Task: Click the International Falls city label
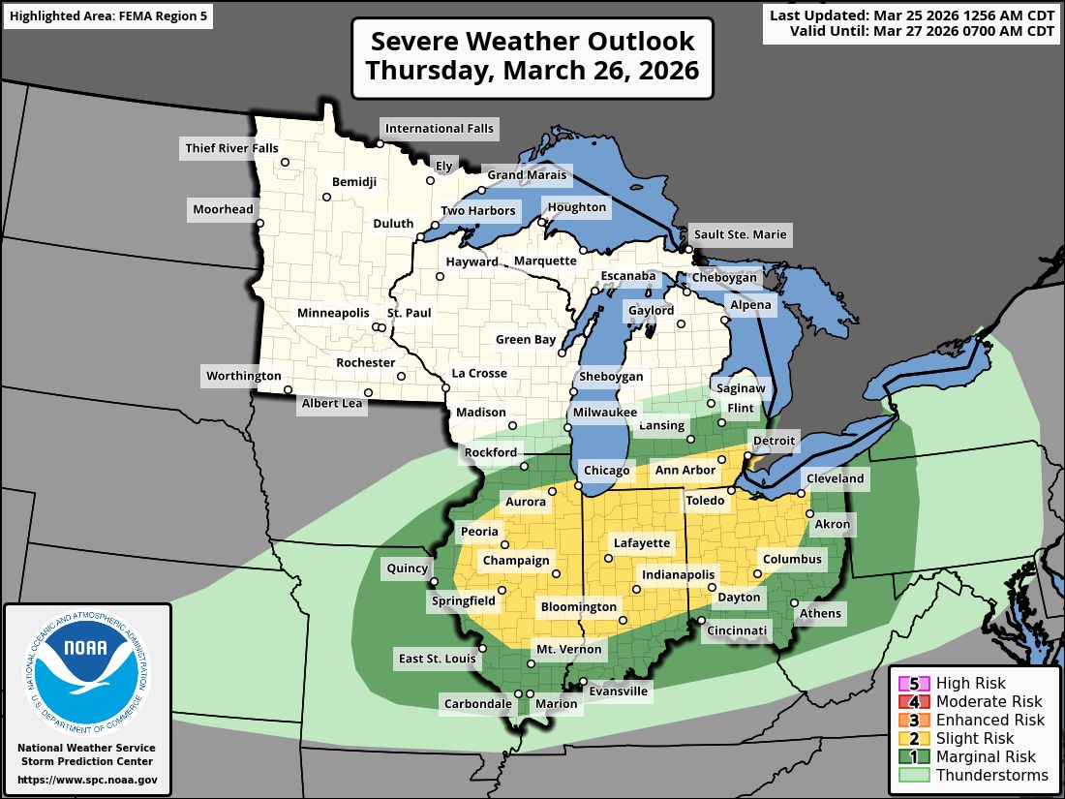(439, 128)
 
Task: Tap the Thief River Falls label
(230, 148)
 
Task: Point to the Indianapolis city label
(678, 574)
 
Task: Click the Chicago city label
(607, 471)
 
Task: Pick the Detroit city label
(774, 441)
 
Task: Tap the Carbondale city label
(477, 703)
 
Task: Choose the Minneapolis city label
(333, 313)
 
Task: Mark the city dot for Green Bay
(562, 353)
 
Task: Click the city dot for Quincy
(433, 582)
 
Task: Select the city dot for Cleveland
(803, 493)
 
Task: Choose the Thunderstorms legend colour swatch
(914, 776)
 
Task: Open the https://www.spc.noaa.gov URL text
(87, 780)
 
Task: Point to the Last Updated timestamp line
(912, 15)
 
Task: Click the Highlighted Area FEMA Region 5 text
(107, 16)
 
